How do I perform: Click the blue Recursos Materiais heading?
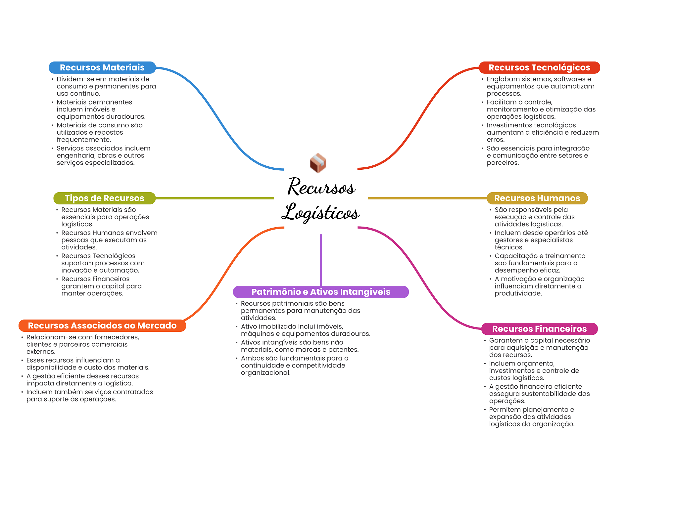click(x=102, y=67)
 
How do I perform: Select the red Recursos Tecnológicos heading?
click(x=539, y=67)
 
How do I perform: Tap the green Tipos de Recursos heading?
click(x=104, y=198)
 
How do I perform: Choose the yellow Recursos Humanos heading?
click(x=537, y=198)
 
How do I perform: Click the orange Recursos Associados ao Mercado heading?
click(x=102, y=325)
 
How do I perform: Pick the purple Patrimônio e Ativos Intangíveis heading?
click(x=321, y=292)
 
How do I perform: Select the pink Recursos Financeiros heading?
click(x=539, y=329)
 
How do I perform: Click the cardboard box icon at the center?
click(x=318, y=163)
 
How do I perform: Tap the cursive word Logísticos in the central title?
click(x=320, y=212)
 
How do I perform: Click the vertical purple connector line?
click(x=321, y=260)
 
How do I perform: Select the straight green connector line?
click(x=215, y=198)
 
